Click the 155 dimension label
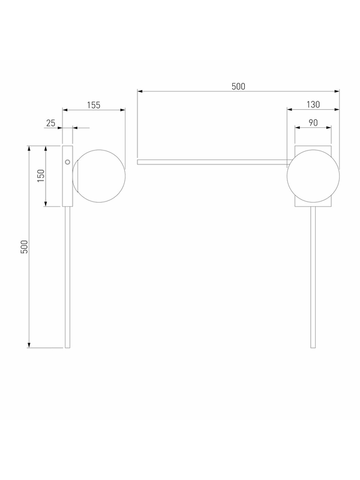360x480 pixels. click(x=94, y=105)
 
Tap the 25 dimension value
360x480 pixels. click(x=51, y=123)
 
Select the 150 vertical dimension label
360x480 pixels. click(x=41, y=176)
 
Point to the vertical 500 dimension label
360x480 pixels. click(x=24, y=247)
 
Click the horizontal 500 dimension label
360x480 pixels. click(x=238, y=86)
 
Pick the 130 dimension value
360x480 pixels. click(x=313, y=104)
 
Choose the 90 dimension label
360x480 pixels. click(x=313, y=123)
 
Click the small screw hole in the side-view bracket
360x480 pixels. click(x=68, y=162)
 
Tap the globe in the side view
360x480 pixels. click(x=99, y=176)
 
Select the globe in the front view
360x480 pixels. click(x=313, y=176)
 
